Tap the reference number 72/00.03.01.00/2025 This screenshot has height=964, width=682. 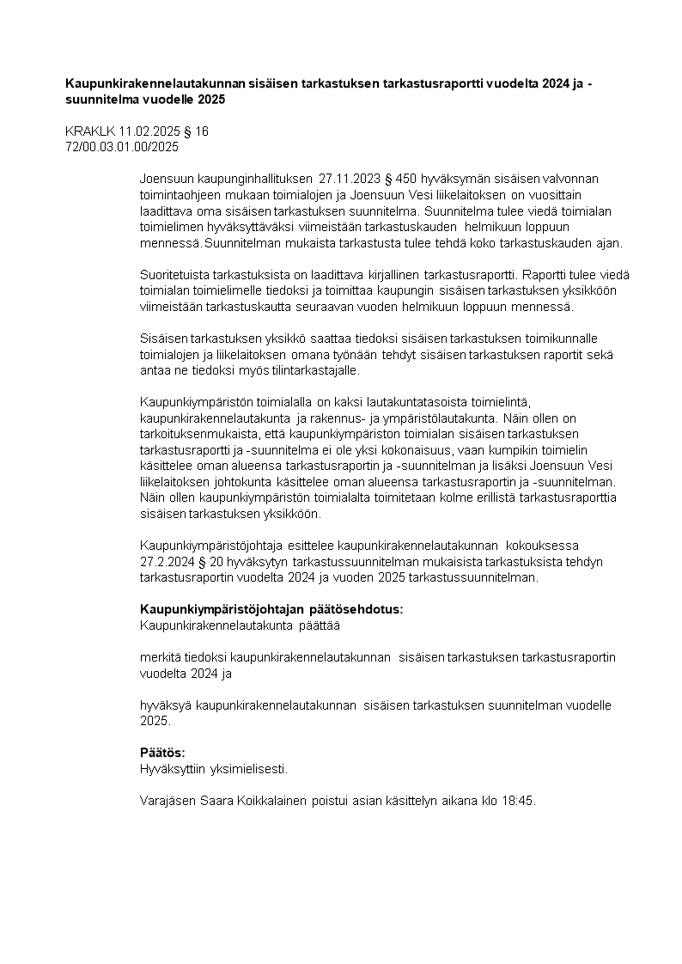coord(122,147)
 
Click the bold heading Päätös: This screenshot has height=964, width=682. coord(162,753)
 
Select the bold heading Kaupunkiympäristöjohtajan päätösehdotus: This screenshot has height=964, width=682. coord(271,609)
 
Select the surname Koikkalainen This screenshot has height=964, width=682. coord(275,801)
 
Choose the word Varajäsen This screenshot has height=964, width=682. coord(167,801)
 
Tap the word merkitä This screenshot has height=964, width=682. coord(161,657)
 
